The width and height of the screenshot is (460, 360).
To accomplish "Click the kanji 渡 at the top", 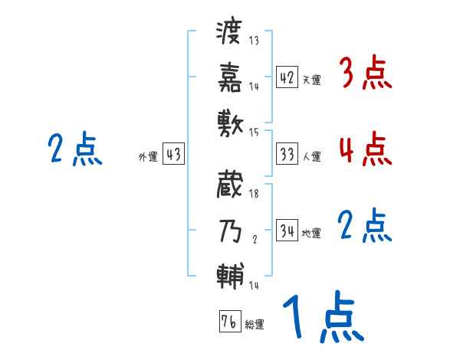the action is pos(230,34).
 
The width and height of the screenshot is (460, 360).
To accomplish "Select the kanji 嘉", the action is pos(230,77).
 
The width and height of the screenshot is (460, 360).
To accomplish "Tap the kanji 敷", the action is pos(230,121).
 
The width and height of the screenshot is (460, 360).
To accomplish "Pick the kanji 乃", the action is pos(230,231).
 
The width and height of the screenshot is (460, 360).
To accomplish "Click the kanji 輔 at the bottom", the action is pos(230,275).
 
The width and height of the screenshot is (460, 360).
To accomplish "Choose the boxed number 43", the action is pos(173,155).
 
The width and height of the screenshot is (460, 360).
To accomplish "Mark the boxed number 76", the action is pos(229,322).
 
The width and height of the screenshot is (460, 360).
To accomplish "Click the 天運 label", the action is pos(311,80).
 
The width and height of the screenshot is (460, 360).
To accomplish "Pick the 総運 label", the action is pos(255,324).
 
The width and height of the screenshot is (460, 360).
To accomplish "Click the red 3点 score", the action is pos(365,74).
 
